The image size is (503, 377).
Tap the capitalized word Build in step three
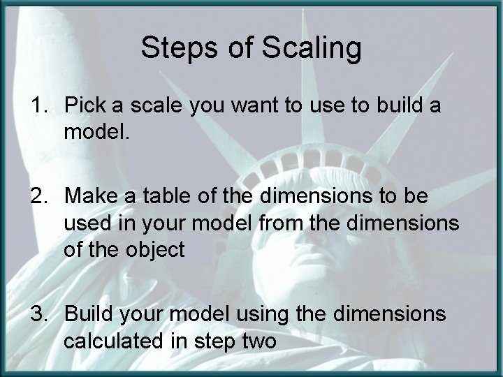tap(88, 313)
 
